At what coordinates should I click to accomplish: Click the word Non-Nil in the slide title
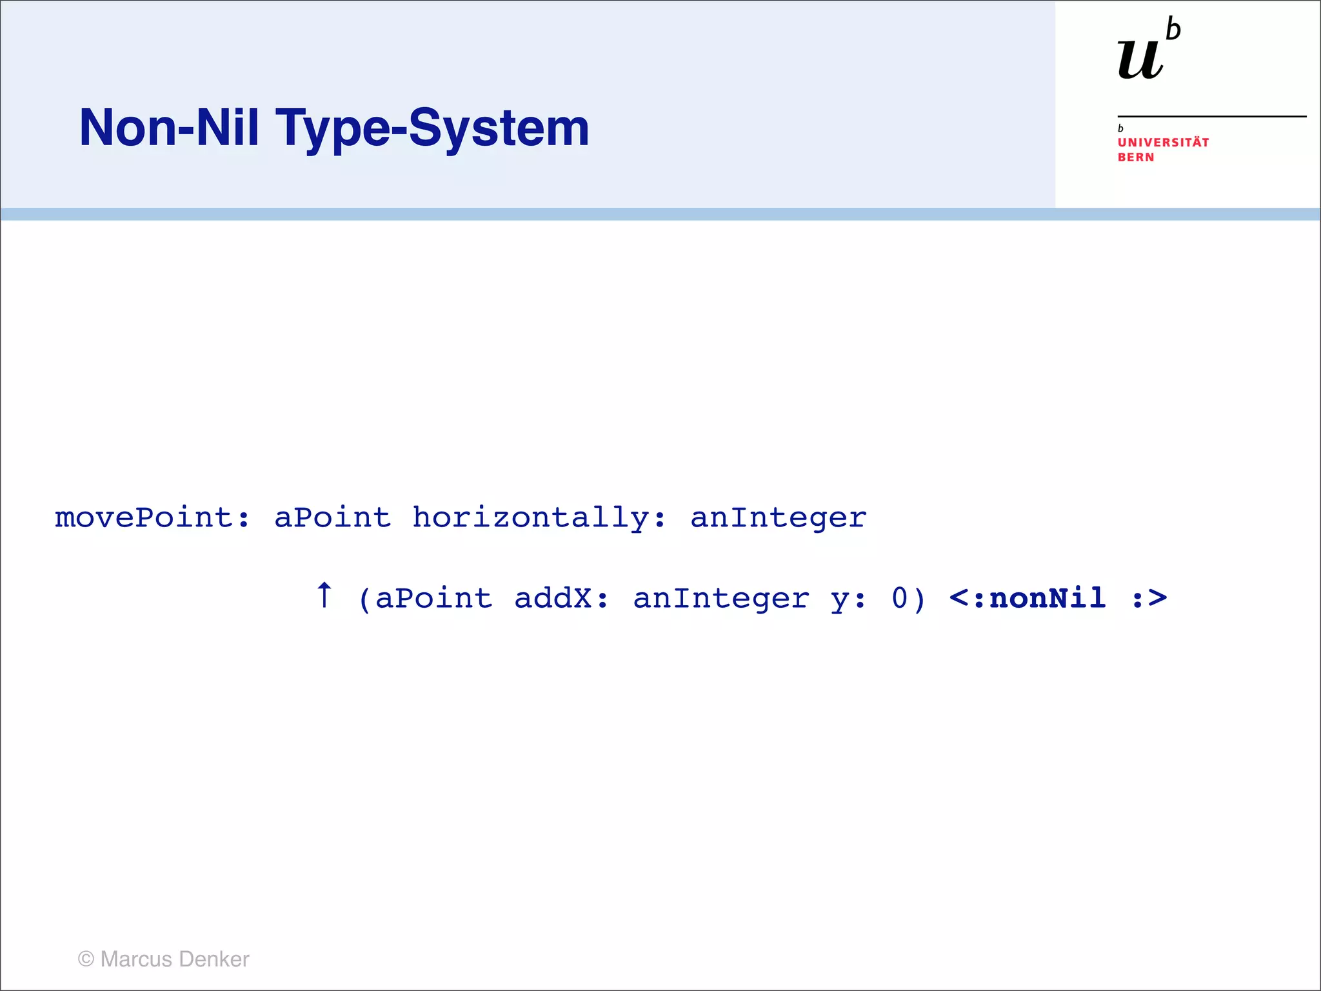[x=169, y=128]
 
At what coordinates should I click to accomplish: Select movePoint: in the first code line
[x=152, y=518]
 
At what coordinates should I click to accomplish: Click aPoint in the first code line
[x=332, y=518]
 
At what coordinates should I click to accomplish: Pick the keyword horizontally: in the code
[x=539, y=518]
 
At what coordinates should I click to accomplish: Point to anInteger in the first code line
[x=778, y=518]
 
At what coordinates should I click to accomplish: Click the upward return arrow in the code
[x=324, y=595]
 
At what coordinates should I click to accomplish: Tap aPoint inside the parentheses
[x=433, y=599]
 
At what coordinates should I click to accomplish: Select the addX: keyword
[x=561, y=599]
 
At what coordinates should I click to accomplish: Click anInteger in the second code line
[x=720, y=599]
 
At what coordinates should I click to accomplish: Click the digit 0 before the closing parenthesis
[x=900, y=598]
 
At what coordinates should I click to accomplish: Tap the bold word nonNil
[x=1048, y=598]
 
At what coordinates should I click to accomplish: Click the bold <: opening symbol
[x=967, y=599]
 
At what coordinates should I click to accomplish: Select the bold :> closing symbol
[x=1149, y=599]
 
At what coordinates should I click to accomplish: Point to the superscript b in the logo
[x=1173, y=30]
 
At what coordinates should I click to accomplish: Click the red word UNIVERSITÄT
[x=1163, y=143]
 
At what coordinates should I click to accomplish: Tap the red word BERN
[x=1136, y=157]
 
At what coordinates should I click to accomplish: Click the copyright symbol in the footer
[x=86, y=959]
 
